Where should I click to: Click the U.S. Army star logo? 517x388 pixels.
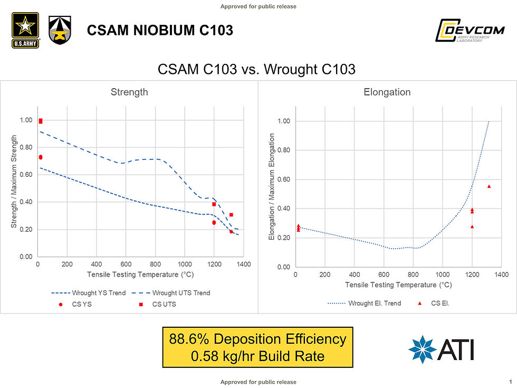(x=25, y=30)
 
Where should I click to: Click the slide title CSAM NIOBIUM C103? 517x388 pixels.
(x=160, y=31)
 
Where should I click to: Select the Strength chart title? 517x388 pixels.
(x=129, y=92)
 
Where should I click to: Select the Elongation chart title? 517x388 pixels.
(x=387, y=92)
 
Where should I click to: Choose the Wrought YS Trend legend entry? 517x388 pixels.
(x=89, y=293)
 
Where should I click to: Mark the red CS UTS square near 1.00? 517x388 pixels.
(x=41, y=121)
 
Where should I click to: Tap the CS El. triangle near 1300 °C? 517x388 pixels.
(x=489, y=186)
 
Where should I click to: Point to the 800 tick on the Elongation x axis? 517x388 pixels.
(x=413, y=275)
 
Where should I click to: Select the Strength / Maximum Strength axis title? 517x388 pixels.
(x=14, y=182)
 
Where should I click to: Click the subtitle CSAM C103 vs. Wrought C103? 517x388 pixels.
(x=257, y=70)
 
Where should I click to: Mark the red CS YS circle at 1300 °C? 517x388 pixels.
(x=231, y=231)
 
